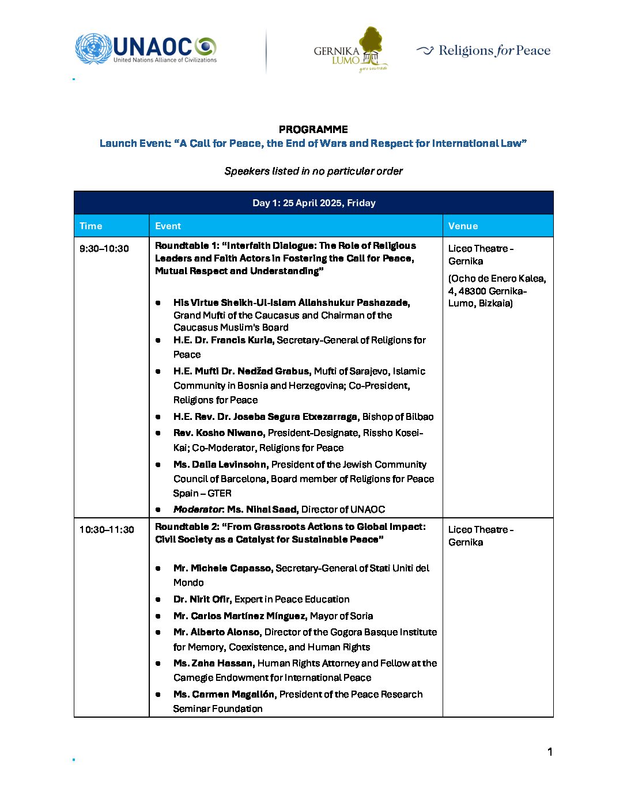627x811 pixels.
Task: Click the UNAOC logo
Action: coord(146,48)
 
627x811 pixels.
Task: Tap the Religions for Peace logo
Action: coord(484,51)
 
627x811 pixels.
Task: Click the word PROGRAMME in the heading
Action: coord(313,130)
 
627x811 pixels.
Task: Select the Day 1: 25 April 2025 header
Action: coord(313,203)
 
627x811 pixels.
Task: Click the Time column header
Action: coord(91,226)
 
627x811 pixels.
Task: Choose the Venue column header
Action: coord(463,226)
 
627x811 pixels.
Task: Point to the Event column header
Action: coord(168,226)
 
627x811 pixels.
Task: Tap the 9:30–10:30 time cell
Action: coord(104,249)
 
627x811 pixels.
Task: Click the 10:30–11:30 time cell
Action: coord(107,530)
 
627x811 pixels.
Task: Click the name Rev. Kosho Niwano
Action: coord(219,433)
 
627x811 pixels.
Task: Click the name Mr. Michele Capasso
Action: coord(222,569)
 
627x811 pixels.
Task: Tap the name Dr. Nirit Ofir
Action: coord(202,600)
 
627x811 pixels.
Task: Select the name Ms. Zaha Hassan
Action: coord(214,664)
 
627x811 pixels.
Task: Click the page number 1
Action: coord(550,752)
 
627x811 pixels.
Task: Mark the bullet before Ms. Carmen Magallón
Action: coord(158,695)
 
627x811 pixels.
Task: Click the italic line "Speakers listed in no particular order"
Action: coord(313,171)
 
